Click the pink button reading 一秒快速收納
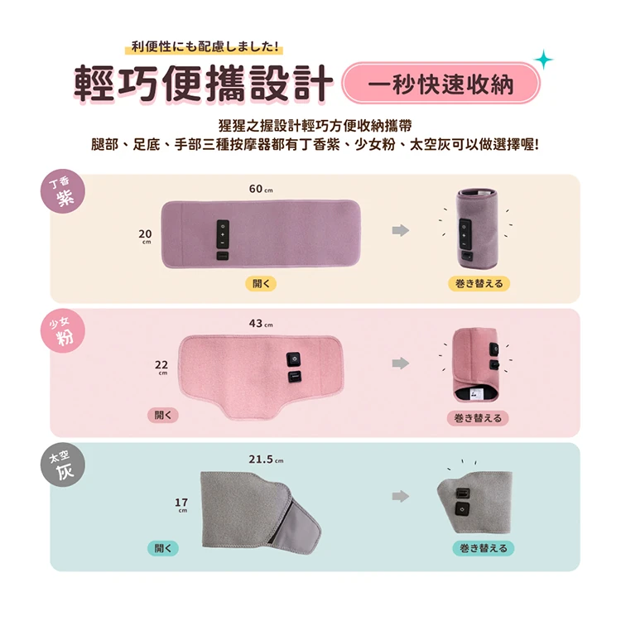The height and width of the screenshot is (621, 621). point(440,84)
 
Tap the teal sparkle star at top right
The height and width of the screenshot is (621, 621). point(544,60)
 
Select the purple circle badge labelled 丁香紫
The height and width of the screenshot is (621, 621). point(63,192)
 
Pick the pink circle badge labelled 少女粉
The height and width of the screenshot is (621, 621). point(63,331)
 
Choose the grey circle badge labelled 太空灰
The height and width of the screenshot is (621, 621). point(63,465)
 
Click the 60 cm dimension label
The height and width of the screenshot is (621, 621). point(261,189)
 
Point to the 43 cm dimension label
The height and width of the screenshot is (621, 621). point(261,324)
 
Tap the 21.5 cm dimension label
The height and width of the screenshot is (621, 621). point(266,459)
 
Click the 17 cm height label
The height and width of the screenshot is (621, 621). point(181,505)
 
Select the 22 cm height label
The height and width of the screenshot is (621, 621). point(161,367)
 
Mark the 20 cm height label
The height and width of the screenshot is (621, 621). point(146,237)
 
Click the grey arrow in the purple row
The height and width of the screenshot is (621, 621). point(401,230)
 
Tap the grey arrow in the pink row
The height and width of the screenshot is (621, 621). point(401,363)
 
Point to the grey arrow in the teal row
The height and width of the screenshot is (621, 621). point(401,496)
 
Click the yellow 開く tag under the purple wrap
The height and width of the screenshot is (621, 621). point(261,283)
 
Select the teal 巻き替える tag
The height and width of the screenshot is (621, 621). point(484,548)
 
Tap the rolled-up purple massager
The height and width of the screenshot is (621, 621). point(477,229)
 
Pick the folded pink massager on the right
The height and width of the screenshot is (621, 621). point(475,365)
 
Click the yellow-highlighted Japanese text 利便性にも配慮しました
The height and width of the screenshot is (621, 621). point(205,46)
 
